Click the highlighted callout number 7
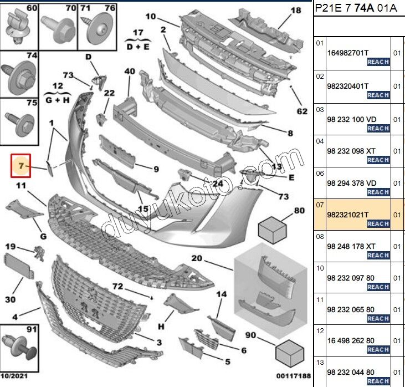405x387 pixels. [x=21, y=166]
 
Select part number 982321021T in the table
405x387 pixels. [x=348, y=215]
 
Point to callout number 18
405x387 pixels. [x=296, y=11]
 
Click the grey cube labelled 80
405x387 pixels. [x=273, y=230]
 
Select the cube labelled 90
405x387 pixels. [x=290, y=353]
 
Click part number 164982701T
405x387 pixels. [x=348, y=53]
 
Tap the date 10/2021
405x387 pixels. [x=14, y=375]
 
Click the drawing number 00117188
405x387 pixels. [x=294, y=375]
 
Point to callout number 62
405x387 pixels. [x=302, y=111]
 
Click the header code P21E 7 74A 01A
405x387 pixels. [x=356, y=8]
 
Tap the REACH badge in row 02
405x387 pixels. [x=378, y=95]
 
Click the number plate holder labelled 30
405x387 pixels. [x=19, y=265]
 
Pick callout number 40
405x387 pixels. [x=130, y=71]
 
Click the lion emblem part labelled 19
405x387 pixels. [x=39, y=253]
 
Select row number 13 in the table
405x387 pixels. [x=320, y=363]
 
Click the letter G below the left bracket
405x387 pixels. [x=43, y=236]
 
